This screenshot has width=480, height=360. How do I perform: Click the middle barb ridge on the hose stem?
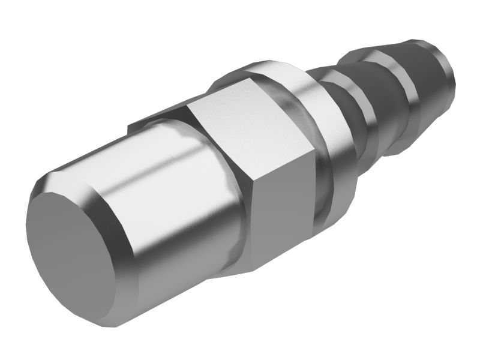tap(390, 90)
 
